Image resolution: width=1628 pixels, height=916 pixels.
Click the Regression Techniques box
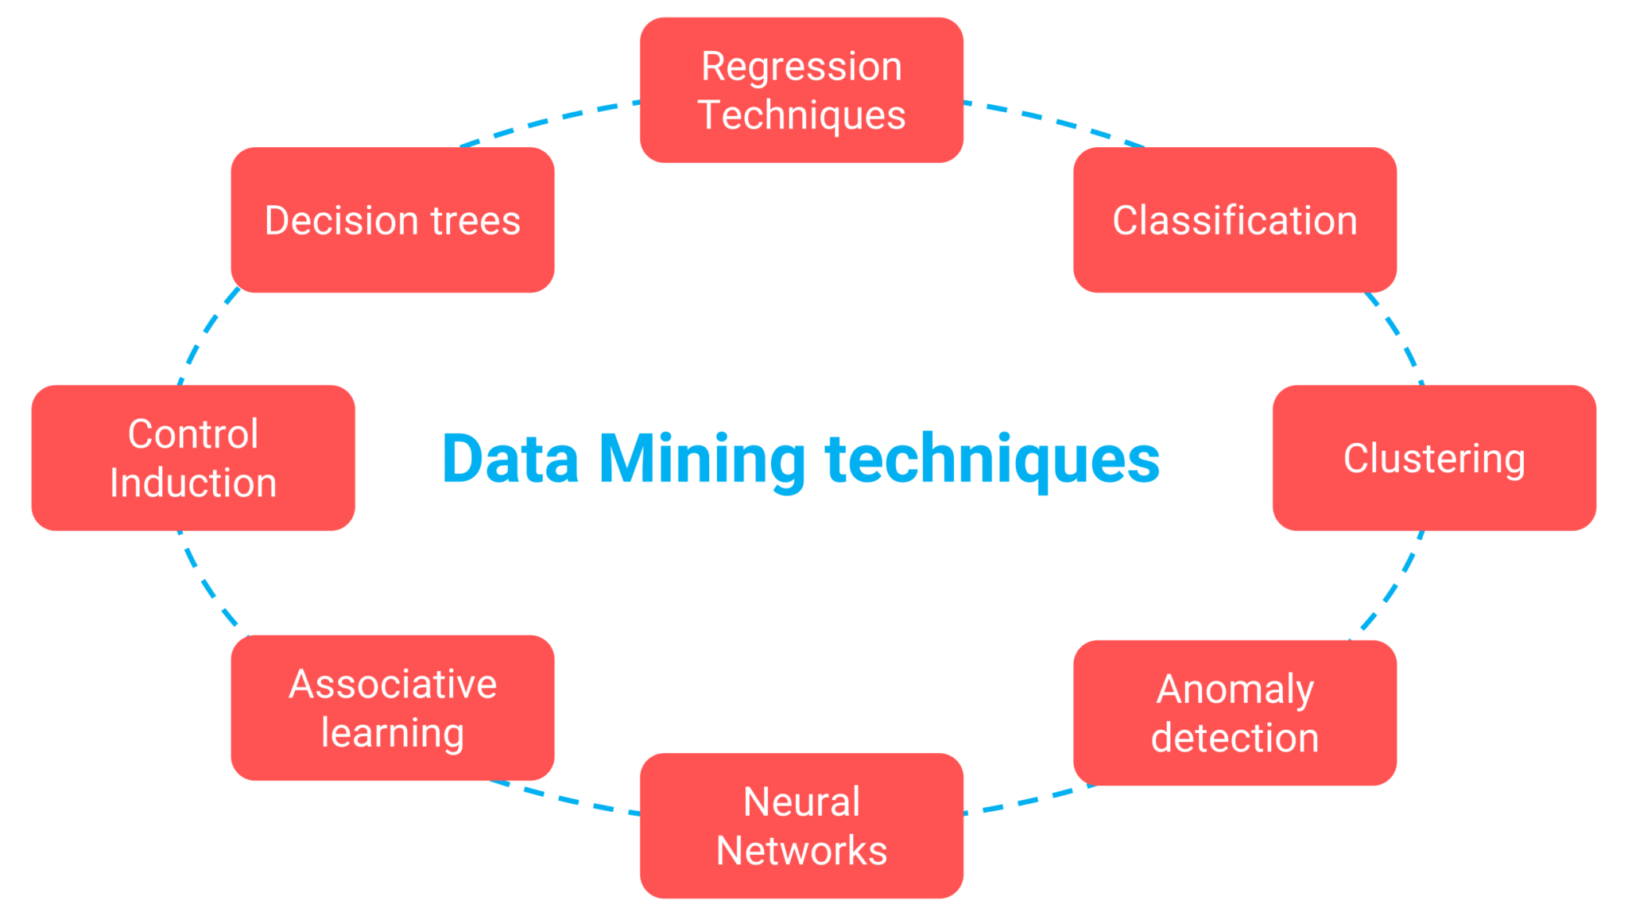pyautogui.click(x=801, y=90)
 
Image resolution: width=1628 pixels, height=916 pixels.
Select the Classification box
pyautogui.click(x=1234, y=219)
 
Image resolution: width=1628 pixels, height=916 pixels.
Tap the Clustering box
pyautogui.click(x=1433, y=458)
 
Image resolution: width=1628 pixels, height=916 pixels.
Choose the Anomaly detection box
pyautogui.click(x=1234, y=712)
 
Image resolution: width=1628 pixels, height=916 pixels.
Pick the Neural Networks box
pyautogui.click(x=801, y=825)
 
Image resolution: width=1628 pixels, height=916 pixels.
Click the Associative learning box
pyautogui.click(x=392, y=708)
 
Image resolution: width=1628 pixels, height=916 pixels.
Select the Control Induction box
pyautogui.click(x=193, y=458)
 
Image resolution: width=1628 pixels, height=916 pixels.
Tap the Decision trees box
pyautogui.click(x=392, y=219)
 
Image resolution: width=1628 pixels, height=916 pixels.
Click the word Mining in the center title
pyautogui.click(x=702, y=460)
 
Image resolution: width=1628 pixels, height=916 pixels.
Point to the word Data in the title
pyautogui.click(x=510, y=460)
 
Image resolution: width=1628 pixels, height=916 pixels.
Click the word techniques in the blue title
pyautogui.click(x=992, y=460)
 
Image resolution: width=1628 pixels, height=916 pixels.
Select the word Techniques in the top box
pyautogui.click(x=801, y=114)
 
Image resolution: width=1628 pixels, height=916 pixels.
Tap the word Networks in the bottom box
pyautogui.click(x=801, y=850)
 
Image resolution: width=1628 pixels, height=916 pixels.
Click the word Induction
pyautogui.click(x=193, y=483)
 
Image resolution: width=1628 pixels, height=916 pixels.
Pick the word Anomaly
pyautogui.click(x=1235, y=689)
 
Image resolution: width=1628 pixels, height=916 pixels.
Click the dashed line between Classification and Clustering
pyautogui.click(x=1397, y=336)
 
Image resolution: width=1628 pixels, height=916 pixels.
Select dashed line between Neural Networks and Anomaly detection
pyautogui.click(x=1025, y=801)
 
